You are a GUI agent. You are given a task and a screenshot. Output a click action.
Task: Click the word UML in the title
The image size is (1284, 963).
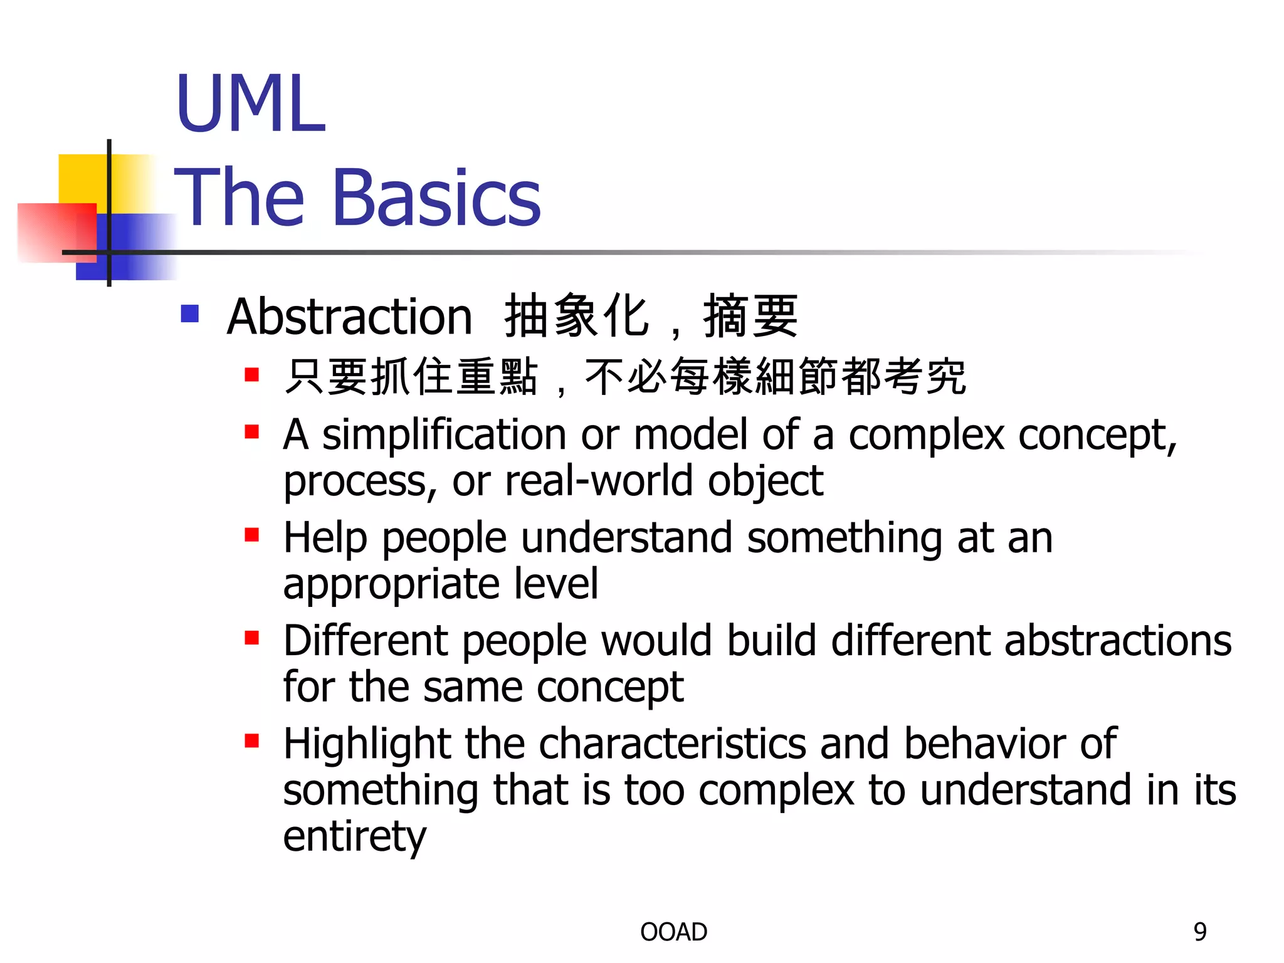coord(250,103)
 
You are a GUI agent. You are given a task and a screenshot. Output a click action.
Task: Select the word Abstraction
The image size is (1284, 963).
coord(349,317)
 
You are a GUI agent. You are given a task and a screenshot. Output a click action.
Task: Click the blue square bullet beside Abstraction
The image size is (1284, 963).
coord(189,313)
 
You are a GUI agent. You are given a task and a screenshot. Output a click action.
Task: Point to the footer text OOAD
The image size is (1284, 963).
coord(673,932)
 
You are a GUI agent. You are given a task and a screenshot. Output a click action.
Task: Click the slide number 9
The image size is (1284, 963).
coord(1200,932)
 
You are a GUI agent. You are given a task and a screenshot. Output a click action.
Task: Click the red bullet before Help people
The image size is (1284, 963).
coord(252,535)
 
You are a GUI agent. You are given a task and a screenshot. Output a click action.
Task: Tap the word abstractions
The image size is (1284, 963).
coord(1118,641)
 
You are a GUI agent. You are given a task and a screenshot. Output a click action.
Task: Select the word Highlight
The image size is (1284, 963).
coord(366,744)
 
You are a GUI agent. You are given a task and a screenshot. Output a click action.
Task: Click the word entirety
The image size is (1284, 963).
coord(354,837)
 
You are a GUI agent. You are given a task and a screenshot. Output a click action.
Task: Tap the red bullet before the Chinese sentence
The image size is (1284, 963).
coord(252,375)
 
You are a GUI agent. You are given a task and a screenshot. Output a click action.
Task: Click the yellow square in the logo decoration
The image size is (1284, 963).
coord(82,179)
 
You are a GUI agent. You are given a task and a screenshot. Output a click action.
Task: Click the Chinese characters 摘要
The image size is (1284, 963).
coord(750,317)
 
